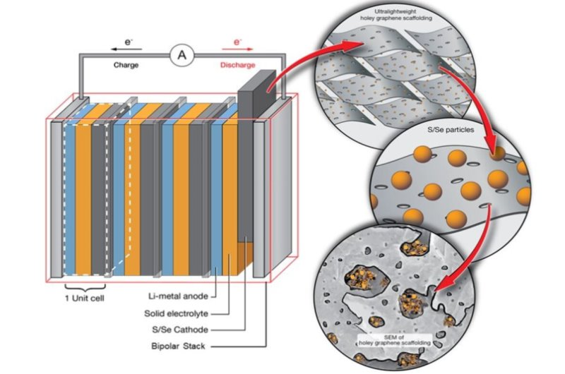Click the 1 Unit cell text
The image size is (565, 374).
[84, 298]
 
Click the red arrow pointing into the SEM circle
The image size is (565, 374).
[466, 254]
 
